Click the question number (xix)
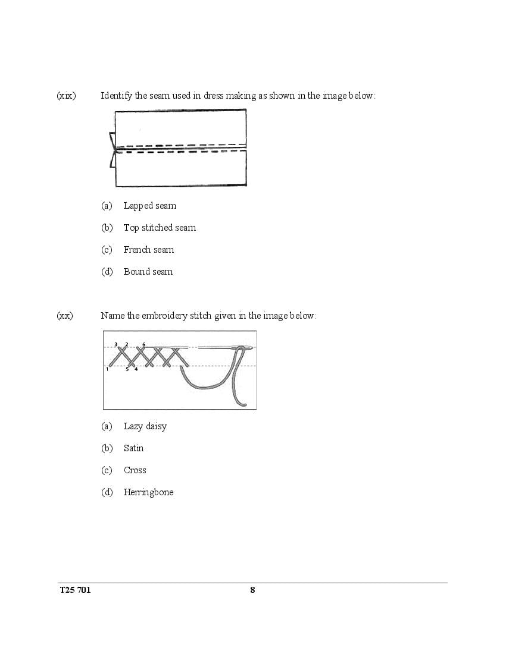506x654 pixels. pyautogui.click(x=66, y=96)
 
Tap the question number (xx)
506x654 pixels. pyautogui.click(x=65, y=316)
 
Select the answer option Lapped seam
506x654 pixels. pyautogui.click(x=149, y=206)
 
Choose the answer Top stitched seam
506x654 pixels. pyautogui.click(x=160, y=228)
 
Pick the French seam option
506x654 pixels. pyautogui.click(x=149, y=250)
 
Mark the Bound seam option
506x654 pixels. pyautogui.click(x=148, y=272)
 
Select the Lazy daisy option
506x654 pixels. pyautogui.click(x=145, y=426)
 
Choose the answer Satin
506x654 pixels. pyautogui.click(x=134, y=448)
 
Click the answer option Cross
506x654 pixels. pyautogui.click(x=135, y=470)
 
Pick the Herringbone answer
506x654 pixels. pyautogui.click(x=149, y=492)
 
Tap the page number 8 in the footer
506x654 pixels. pyautogui.click(x=252, y=590)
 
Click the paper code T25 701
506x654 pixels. pyautogui.click(x=75, y=590)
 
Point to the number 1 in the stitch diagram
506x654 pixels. pyautogui.click(x=107, y=369)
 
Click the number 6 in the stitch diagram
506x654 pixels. pyautogui.click(x=143, y=344)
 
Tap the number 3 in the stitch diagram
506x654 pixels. pyautogui.click(x=116, y=344)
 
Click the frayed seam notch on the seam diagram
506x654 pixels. pyautogui.click(x=112, y=149)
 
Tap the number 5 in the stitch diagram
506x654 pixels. pyautogui.click(x=127, y=369)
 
